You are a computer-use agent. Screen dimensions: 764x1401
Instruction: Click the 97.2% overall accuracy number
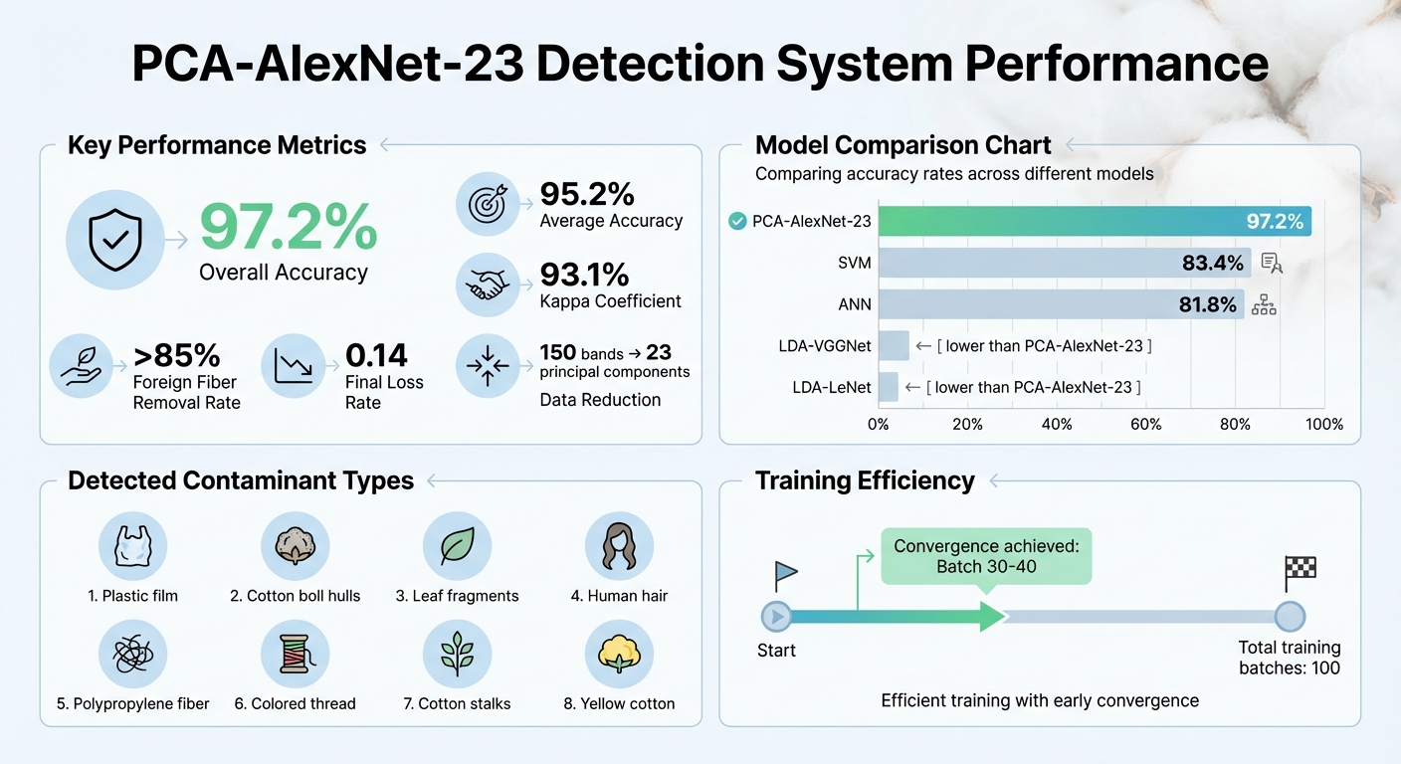tap(289, 227)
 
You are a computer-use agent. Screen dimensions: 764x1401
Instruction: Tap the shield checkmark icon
tap(114, 240)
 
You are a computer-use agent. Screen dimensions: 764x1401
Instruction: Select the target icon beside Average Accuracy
tap(489, 204)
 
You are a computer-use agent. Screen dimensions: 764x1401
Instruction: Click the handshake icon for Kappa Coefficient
tap(489, 286)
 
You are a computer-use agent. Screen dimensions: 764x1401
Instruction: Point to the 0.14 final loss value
tap(376, 355)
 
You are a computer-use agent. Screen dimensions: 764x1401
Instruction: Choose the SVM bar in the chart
tap(1065, 263)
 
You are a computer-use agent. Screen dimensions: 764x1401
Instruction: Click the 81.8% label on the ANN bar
tap(1207, 304)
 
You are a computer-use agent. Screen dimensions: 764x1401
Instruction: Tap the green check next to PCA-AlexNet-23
tap(737, 221)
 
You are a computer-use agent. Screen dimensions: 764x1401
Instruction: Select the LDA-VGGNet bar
tap(894, 345)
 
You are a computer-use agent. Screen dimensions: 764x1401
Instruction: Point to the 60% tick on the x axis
tap(1145, 425)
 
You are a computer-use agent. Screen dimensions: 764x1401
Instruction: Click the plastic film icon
tap(132, 546)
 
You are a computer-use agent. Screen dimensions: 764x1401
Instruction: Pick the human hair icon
tap(619, 546)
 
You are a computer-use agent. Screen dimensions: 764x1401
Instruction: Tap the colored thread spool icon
tap(295, 654)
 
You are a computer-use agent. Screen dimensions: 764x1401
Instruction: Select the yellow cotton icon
tap(619, 654)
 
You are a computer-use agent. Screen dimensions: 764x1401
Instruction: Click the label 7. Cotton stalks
tap(457, 703)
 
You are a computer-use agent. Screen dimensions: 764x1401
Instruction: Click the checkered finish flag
tap(1300, 569)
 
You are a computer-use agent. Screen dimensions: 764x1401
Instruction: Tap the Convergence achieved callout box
tap(986, 556)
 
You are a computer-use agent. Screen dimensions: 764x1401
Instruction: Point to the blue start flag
tap(785, 573)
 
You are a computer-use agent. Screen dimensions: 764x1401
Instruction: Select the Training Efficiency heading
tap(865, 480)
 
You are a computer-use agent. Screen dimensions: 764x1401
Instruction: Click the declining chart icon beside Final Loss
tap(295, 366)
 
